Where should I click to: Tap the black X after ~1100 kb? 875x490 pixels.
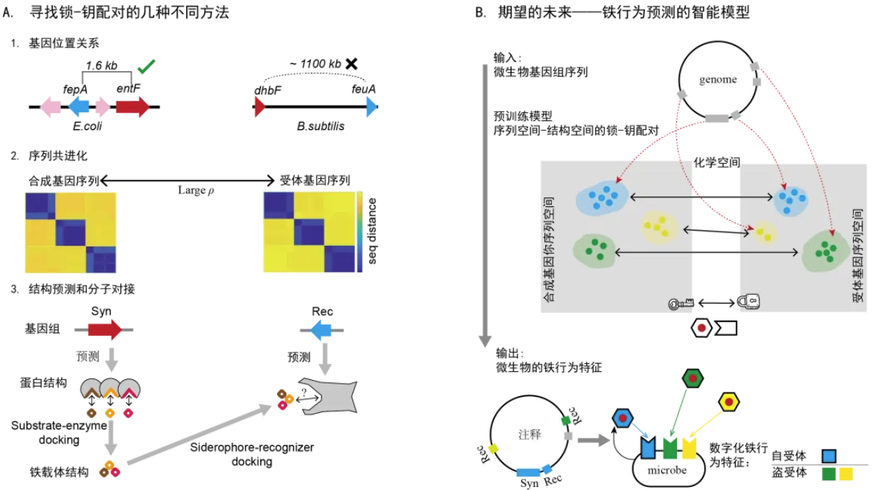tap(352, 63)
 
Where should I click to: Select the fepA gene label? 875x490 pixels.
tap(75, 89)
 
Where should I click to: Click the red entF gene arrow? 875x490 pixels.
tap(133, 107)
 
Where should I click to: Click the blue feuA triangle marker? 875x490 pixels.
tap(372, 108)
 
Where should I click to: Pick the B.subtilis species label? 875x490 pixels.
tap(321, 125)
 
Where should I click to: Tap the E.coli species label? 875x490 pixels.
tap(87, 125)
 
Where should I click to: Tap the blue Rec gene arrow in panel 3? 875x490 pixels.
tap(320, 331)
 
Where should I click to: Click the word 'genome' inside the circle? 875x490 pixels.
tap(717, 79)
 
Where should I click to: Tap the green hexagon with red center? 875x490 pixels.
tap(691, 379)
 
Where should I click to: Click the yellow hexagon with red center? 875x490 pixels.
tap(730, 401)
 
